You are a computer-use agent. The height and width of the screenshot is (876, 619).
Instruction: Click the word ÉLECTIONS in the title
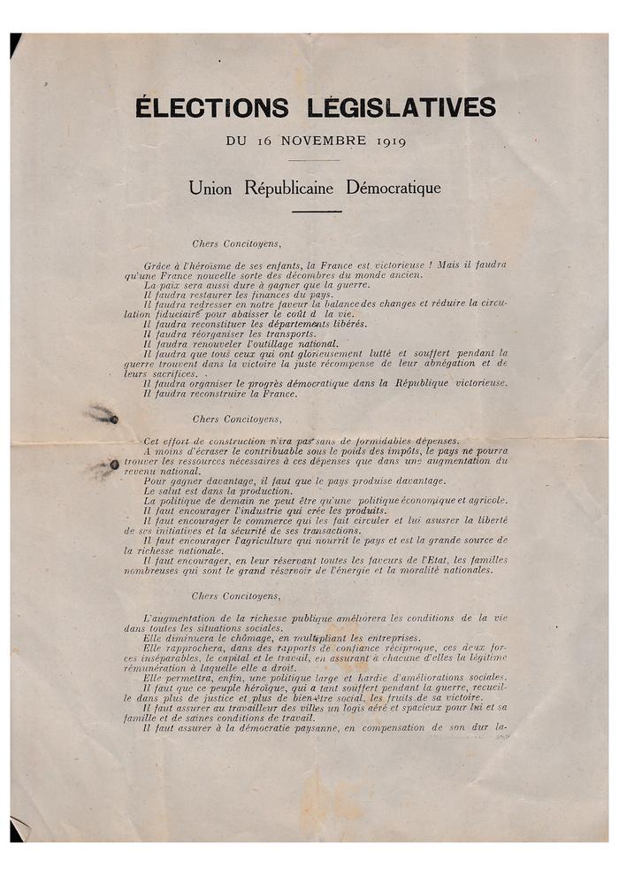(212, 108)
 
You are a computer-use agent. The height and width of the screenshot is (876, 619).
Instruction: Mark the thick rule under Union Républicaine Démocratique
(316, 211)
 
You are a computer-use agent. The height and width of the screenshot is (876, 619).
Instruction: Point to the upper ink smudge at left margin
(103, 414)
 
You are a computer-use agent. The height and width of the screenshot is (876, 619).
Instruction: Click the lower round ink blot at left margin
(113, 465)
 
